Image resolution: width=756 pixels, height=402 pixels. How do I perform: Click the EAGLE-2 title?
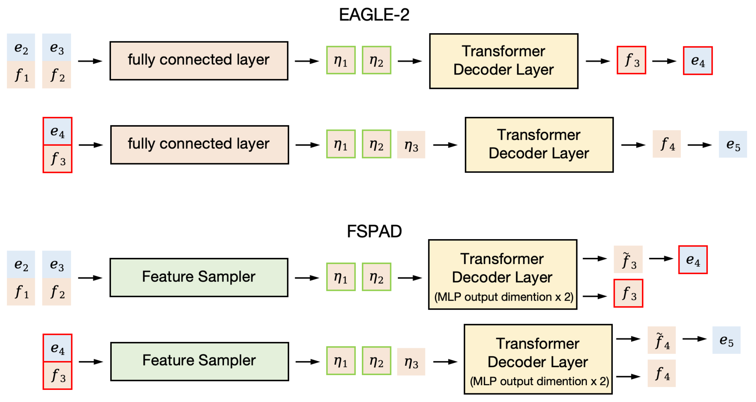coord(374,15)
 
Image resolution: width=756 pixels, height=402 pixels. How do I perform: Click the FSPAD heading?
coord(374,231)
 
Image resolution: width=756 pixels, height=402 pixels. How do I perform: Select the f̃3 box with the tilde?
coord(628,259)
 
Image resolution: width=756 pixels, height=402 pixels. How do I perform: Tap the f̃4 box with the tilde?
coord(661,340)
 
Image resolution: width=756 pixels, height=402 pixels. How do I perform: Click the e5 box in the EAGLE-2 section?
coord(733,144)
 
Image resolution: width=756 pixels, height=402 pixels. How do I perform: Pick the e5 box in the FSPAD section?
coord(726,340)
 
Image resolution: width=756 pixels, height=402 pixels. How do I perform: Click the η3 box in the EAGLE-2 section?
coord(411,145)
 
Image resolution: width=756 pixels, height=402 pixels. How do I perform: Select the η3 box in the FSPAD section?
coord(411,362)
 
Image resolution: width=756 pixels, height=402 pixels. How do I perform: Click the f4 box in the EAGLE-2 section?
coord(666,144)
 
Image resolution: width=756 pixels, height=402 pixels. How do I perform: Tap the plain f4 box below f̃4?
coord(661,373)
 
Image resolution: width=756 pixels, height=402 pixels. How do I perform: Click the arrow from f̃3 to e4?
coord(661,259)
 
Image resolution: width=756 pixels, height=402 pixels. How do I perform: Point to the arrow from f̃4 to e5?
coord(694,339)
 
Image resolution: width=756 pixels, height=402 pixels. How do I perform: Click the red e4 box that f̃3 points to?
coord(693,260)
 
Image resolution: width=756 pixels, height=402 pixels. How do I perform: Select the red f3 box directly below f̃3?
coord(628,293)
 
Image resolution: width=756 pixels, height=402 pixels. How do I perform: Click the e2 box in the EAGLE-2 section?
coord(21,47)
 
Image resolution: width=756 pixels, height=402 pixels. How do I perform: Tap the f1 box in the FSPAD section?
coord(21,292)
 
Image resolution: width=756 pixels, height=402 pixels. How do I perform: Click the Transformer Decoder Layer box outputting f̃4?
coord(538,359)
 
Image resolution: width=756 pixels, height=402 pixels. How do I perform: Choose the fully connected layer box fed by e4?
coord(199,145)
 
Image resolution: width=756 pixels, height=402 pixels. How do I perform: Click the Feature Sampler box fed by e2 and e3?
coord(199,277)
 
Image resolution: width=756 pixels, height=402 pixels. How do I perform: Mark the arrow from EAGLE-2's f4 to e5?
coord(699,145)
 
